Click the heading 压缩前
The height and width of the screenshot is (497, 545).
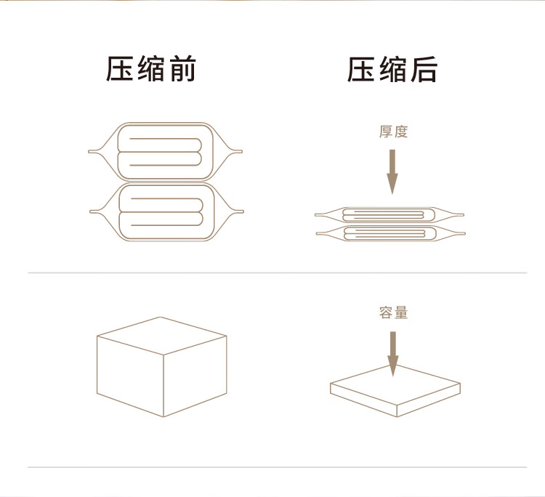pyautogui.click(x=151, y=69)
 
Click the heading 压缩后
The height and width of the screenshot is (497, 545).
pyautogui.click(x=392, y=70)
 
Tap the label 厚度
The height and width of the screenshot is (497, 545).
pyautogui.click(x=393, y=132)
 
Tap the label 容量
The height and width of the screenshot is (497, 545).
pyautogui.click(x=393, y=312)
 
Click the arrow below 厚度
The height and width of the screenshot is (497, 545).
pyautogui.click(x=392, y=171)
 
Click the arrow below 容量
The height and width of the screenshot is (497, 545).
pyautogui.click(x=393, y=354)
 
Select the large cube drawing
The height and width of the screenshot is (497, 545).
pyautogui.click(x=162, y=367)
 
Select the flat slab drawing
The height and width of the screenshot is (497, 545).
pyautogui.click(x=395, y=391)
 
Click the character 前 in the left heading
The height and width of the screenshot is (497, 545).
pyautogui.click(x=183, y=69)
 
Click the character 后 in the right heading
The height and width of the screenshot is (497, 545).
pyautogui.click(x=424, y=70)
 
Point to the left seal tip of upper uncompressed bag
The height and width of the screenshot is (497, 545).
pyautogui.click(x=89, y=152)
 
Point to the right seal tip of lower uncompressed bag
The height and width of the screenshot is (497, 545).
pyautogui.click(x=243, y=211)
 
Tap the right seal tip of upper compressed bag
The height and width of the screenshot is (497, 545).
pyautogui.click(x=463, y=215)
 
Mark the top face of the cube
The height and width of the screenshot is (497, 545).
pyautogui.click(x=162, y=336)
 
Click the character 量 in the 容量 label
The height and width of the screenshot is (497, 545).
pyautogui.click(x=400, y=312)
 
